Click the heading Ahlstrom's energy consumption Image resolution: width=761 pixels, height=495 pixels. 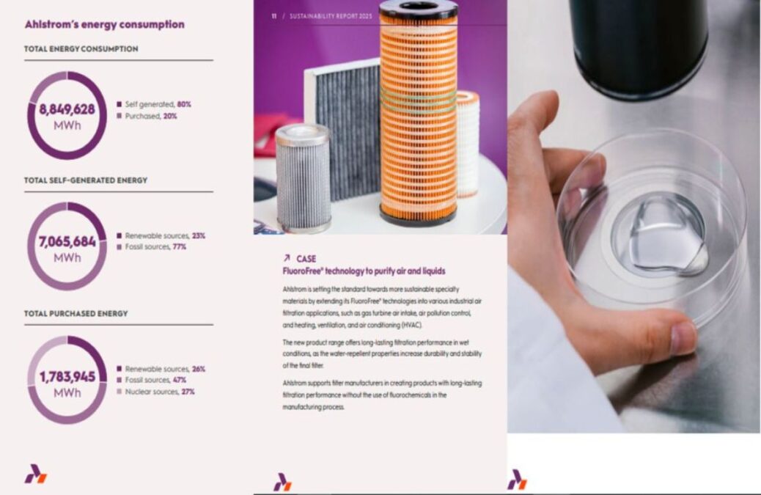[x=104, y=24]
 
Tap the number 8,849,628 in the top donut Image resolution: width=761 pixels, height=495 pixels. [x=67, y=109]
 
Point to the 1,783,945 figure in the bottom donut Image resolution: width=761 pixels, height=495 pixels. [x=67, y=376]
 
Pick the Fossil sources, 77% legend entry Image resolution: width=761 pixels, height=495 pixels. [x=155, y=247]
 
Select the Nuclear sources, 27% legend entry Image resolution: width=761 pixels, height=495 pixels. [x=159, y=392]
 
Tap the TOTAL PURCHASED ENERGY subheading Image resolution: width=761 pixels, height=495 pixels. [x=76, y=313]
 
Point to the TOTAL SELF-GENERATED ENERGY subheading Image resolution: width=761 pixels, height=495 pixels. [x=85, y=180]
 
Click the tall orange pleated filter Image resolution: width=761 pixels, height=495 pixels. [x=418, y=117]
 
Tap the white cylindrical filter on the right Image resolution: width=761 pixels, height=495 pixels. [x=468, y=143]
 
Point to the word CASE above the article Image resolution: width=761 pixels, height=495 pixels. [x=306, y=259]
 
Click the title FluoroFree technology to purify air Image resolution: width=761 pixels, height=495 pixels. [x=364, y=271]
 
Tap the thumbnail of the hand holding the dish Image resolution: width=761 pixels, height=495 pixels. [x=633, y=220]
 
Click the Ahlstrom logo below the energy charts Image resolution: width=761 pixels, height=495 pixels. [x=35, y=474]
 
